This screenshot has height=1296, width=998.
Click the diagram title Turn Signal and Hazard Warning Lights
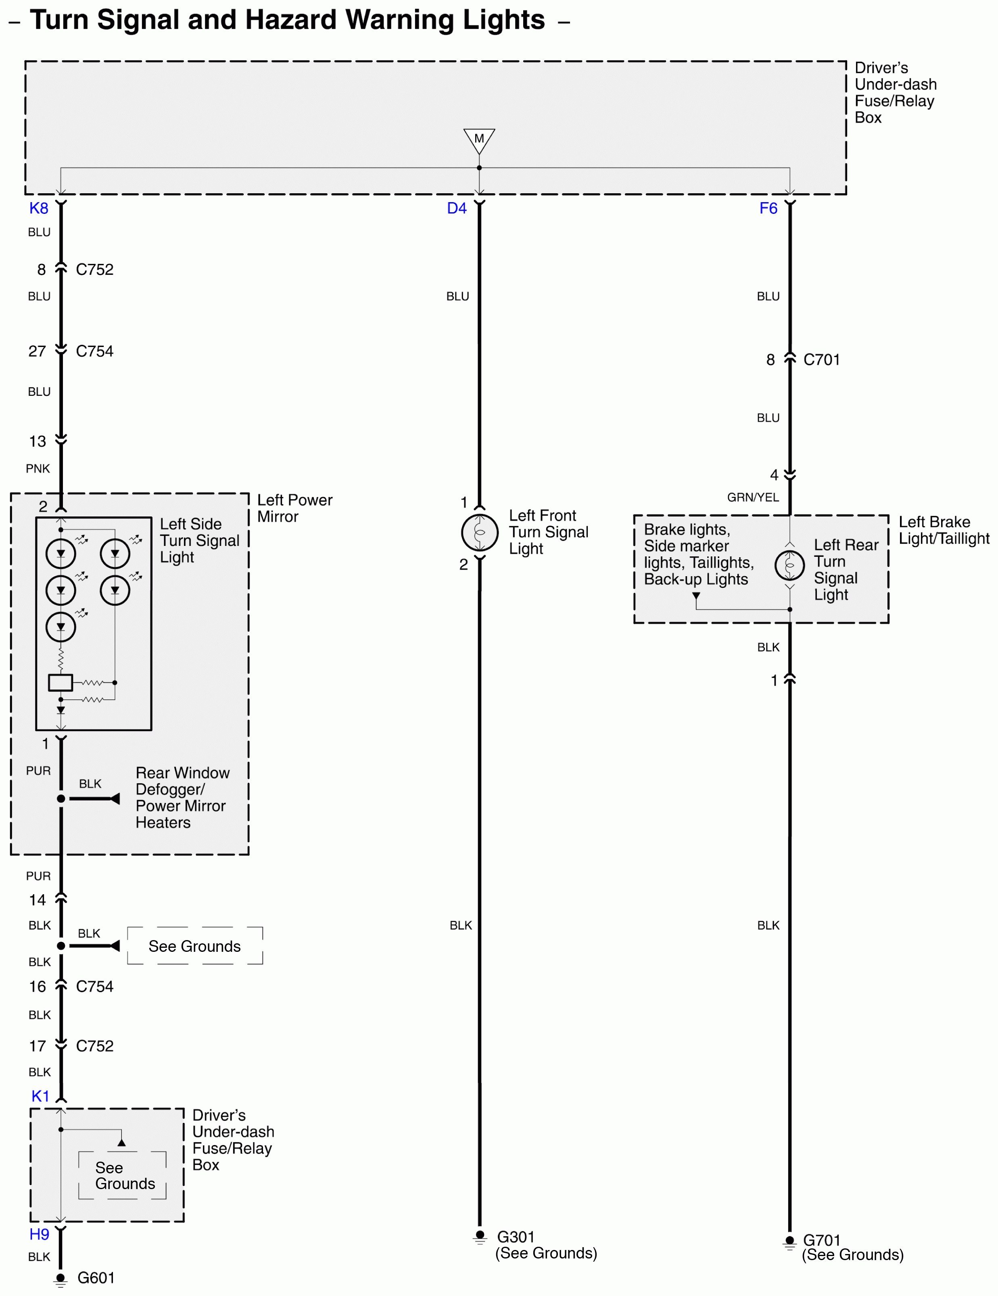pyautogui.click(x=287, y=20)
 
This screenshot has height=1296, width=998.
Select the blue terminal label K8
pyautogui.click(x=39, y=208)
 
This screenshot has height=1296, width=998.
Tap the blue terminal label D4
pyautogui.click(x=457, y=208)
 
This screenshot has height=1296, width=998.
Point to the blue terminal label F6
pyautogui.click(x=768, y=208)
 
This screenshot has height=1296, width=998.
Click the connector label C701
pyautogui.click(x=821, y=360)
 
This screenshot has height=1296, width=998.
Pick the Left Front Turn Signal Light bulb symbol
pyautogui.click(x=479, y=532)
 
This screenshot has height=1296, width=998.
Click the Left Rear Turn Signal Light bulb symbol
pyautogui.click(x=790, y=566)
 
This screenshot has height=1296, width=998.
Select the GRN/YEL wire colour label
pyautogui.click(x=753, y=497)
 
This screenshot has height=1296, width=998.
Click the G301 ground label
pyautogui.click(x=516, y=1237)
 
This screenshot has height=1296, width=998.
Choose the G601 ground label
pyautogui.click(x=96, y=1277)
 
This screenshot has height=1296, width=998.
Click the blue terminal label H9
pyautogui.click(x=39, y=1234)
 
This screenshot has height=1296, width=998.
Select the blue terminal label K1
pyautogui.click(x=40, y=1096)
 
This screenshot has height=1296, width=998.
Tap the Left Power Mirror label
pyautogui.click(x=294, y=508)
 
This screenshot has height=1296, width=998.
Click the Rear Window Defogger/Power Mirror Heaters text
pyautogui.click(x=182, y=798)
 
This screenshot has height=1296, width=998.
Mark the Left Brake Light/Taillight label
pyautogui.click(x=944, y=530)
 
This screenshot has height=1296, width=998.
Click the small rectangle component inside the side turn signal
pyautogui.click(x=61, y=682)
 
